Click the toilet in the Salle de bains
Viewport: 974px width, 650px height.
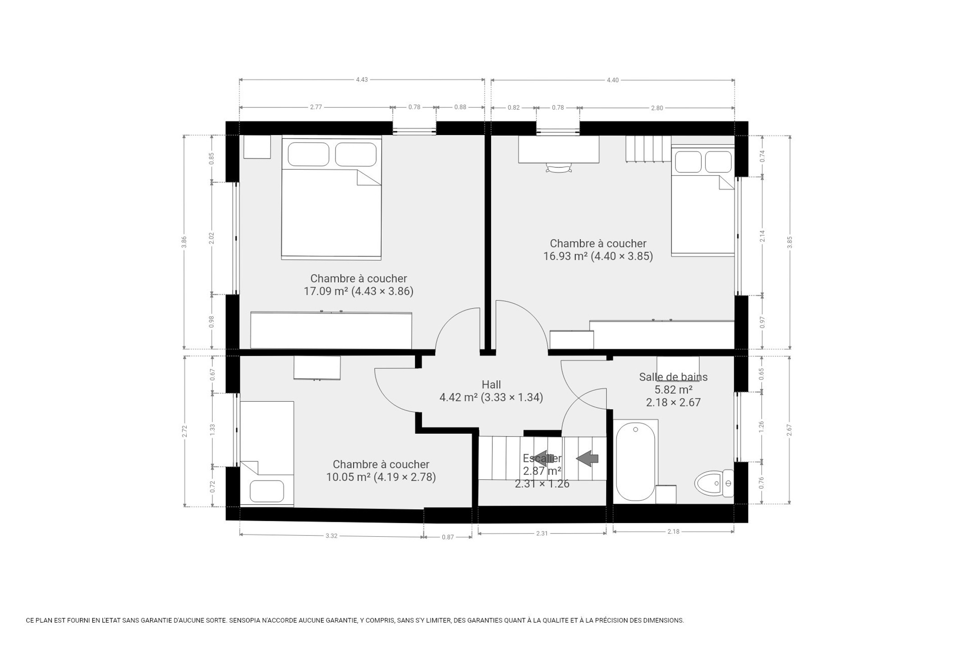click(714, 483)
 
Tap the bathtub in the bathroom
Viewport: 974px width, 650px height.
click(635, 461)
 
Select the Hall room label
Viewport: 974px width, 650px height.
click(491, 385)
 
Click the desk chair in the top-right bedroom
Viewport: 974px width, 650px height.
click(558, 168)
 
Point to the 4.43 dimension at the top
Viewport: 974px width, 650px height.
click(362, 79)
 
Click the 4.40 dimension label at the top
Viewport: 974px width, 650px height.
click(612, 80)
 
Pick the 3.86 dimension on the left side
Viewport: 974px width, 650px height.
click(184, 242)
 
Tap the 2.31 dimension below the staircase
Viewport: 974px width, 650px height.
click(542, 533)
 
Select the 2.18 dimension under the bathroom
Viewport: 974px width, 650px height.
click(673, 531)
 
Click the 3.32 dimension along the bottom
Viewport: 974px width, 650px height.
click(331, 536)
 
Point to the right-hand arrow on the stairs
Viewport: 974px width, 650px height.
click(587, 459)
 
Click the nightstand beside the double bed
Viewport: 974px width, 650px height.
click(257, 147)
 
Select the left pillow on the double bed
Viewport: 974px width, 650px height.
click(308, 154)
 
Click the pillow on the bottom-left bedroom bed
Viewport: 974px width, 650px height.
click(266, 491)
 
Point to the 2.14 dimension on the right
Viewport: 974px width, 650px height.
click(762, 236)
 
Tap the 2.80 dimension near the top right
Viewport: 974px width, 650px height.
click(657, 108)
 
